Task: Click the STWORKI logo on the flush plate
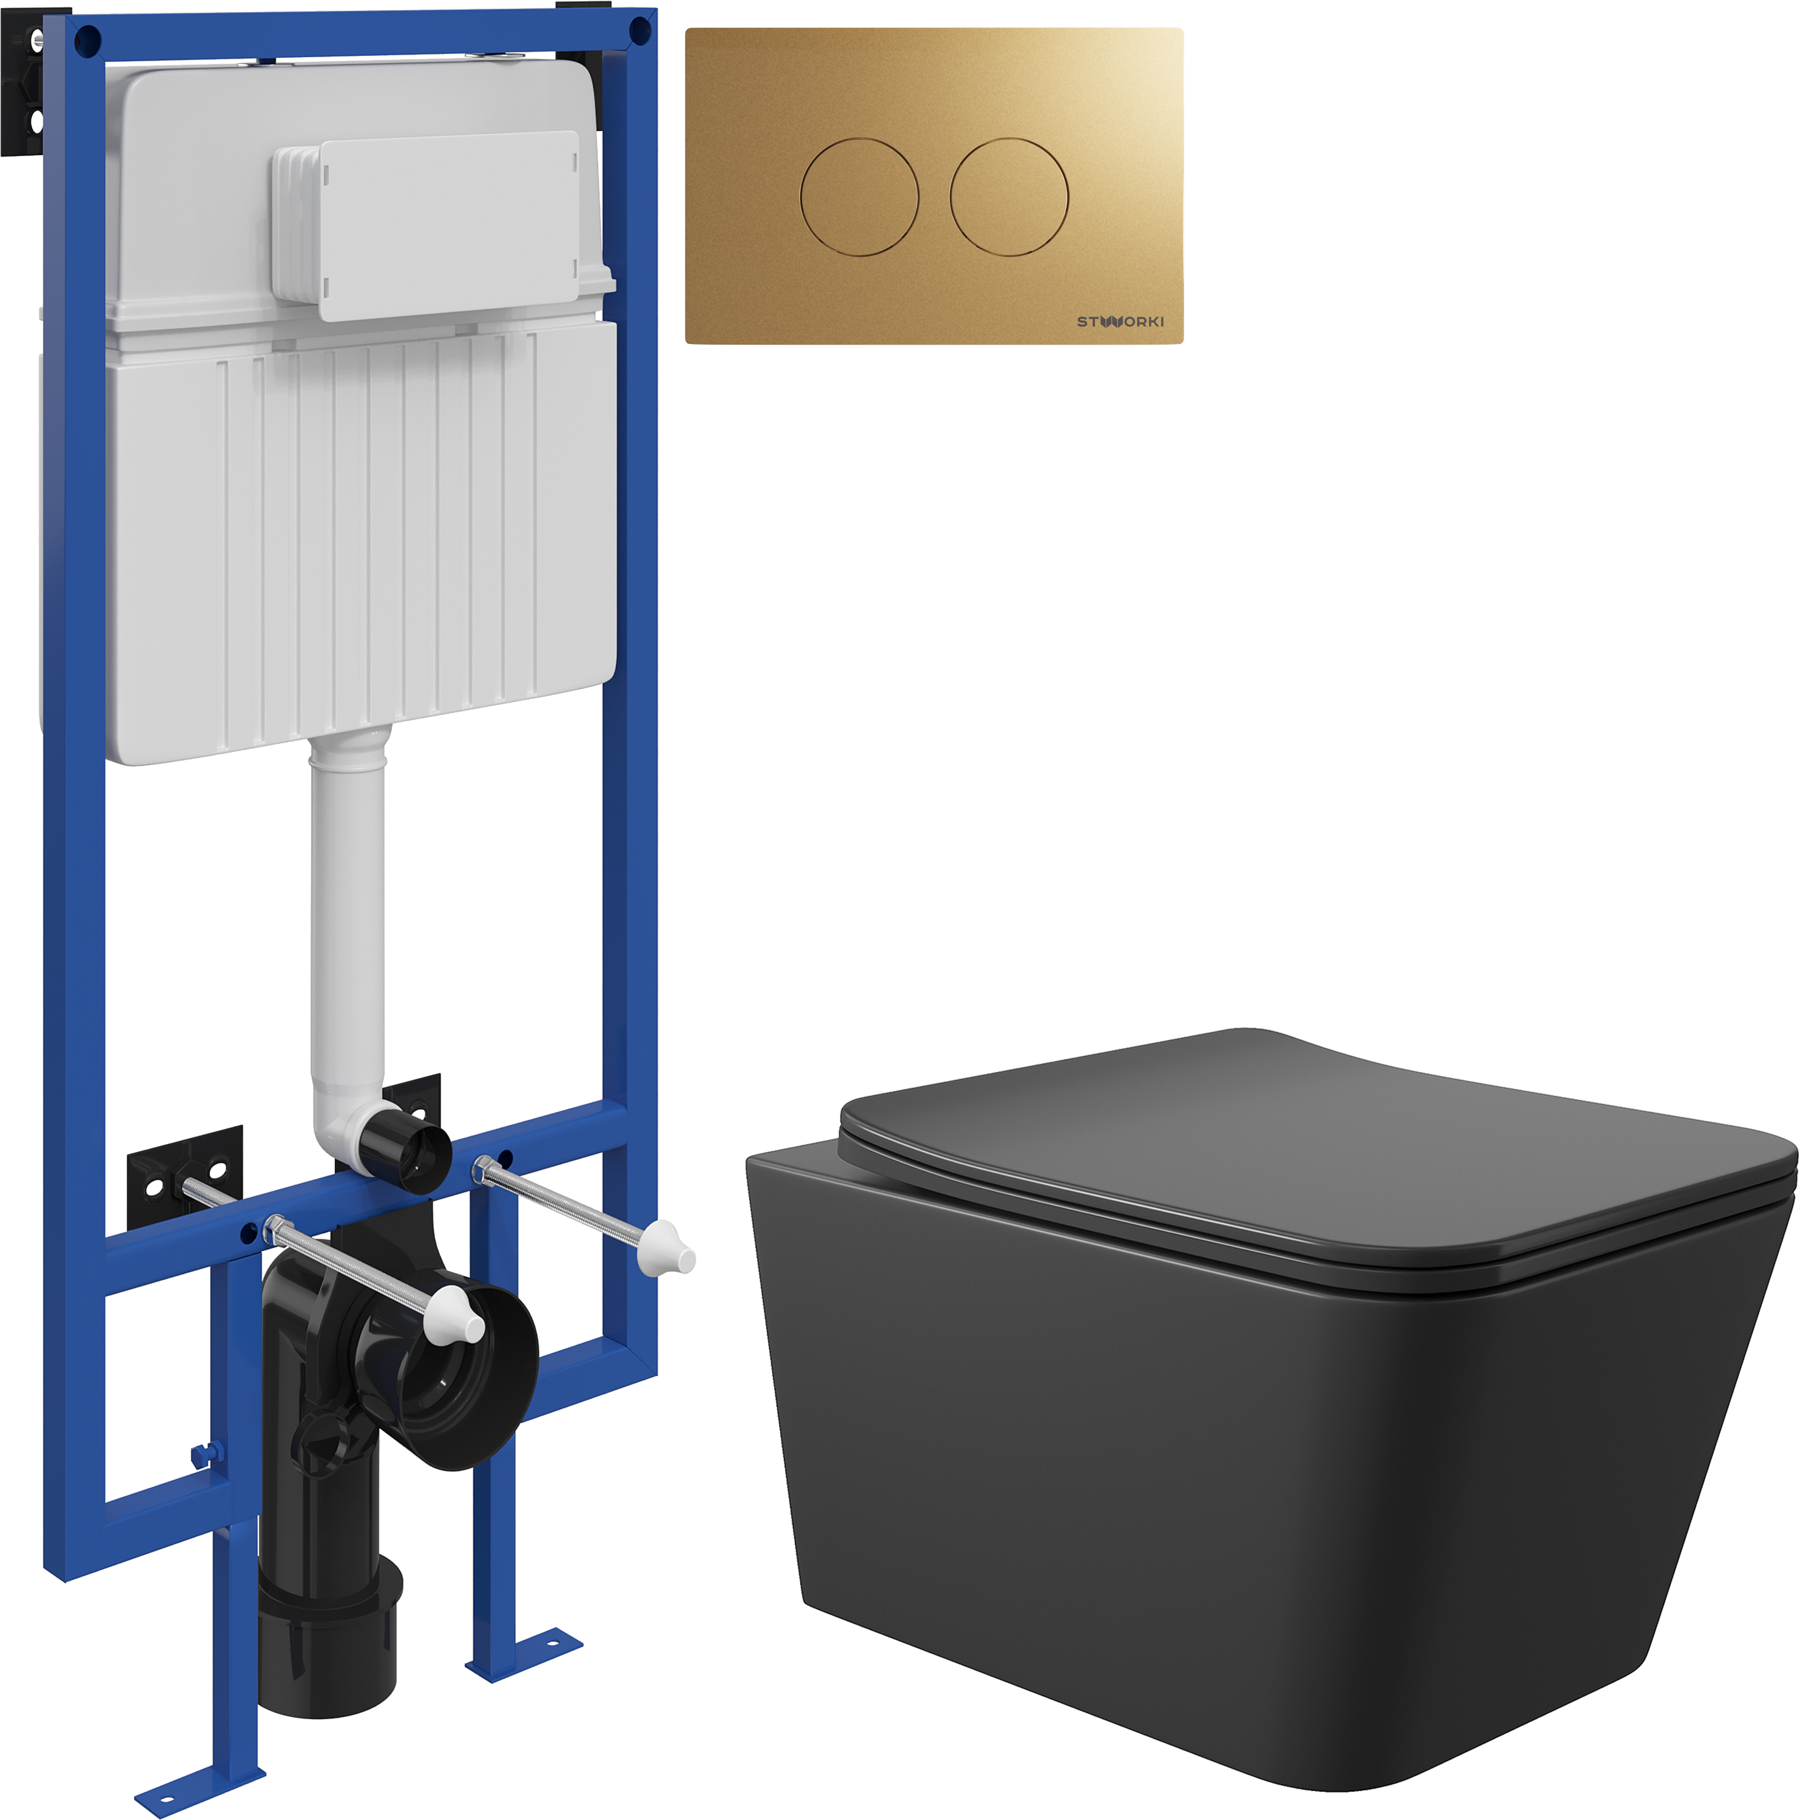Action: pyautogui.click(x=1131, y=325)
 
